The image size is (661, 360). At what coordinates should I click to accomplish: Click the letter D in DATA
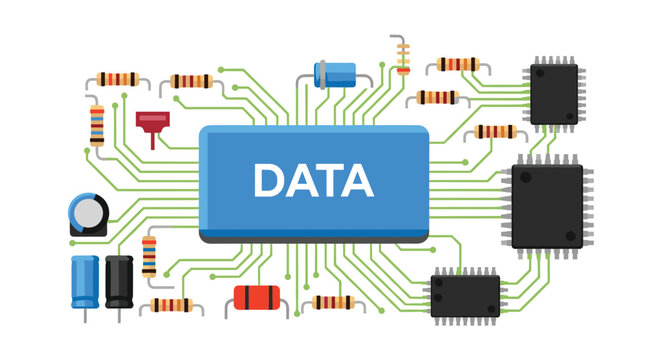click(x=271, y=181)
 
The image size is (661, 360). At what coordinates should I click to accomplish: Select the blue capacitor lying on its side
click(x=335, y=72)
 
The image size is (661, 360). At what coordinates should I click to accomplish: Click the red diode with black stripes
click(x=254, y=296)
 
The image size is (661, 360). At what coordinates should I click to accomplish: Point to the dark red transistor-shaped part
click(x=153, y=122)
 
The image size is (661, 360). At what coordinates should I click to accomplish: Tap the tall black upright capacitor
click(x=119, y=281)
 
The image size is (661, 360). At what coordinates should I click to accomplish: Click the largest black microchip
click(x=547, y=206)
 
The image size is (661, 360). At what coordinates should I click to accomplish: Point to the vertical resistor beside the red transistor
click(x=97, y=125)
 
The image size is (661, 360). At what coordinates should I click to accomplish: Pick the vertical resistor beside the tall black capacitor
click(x=149, y=256)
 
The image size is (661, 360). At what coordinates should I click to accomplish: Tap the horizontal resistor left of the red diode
click(x=171, y=305)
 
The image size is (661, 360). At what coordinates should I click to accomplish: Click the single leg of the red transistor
click(x=153, y=140)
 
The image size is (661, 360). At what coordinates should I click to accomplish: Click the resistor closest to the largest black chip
click(x=495, y=131)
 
